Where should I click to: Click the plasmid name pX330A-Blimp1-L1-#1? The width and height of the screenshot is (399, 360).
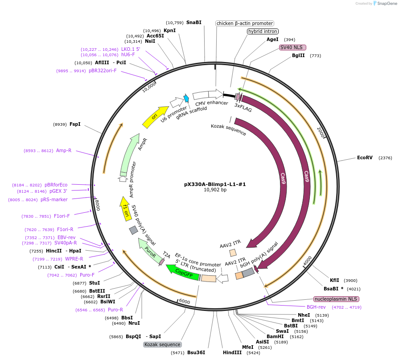coord(215,184)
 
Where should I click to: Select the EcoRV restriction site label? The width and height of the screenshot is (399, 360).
coord(365,157)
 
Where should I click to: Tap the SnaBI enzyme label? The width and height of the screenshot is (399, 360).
coord(193,22)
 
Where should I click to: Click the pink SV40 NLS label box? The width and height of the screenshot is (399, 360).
coord(292,47)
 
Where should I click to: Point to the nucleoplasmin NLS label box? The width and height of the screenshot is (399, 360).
coord(336,299)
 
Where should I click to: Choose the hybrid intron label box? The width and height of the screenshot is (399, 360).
coord(263,32)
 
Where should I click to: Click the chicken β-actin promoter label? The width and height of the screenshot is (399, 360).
coord(244,23)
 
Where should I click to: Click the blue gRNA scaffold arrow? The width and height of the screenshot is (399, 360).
coord(186,99)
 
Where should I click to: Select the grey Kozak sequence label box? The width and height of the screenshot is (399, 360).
coord(162,344)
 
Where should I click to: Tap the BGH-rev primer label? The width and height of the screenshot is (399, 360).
coord(316,307)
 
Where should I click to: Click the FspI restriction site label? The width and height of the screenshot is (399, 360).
coord(75,124)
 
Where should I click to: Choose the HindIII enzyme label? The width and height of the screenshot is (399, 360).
coord(232,352)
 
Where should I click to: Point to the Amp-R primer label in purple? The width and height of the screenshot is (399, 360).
coord(64,150)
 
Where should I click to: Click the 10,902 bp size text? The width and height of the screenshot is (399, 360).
coord(215,190)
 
